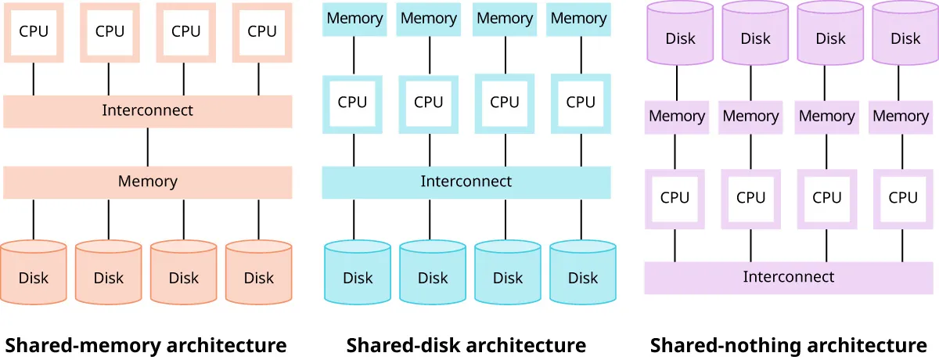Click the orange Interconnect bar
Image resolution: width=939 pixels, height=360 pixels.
tap(147, 111)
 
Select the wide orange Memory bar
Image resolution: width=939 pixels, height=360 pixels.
tap(147, 182)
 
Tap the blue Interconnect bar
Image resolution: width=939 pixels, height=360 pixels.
tap(466, 182)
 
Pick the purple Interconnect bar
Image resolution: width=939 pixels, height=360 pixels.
tap(789, 277)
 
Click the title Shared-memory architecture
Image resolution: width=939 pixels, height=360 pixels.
tap(146, 345)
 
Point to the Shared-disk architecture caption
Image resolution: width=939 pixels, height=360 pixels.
tap(466, 345)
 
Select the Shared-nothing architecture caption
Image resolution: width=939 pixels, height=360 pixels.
tap(789, 345)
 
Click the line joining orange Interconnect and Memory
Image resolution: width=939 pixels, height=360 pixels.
tap(148, 146)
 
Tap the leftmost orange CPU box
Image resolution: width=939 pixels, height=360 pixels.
tap(34, 32)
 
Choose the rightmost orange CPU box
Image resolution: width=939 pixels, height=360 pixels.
tap(262, 32)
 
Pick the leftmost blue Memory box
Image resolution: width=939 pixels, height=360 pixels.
tap(354, 19)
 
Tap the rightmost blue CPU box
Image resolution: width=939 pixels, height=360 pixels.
tap(581, 103)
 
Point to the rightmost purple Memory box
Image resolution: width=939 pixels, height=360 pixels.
tap(900, 117)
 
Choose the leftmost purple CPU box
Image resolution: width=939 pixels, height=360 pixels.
tap(675, 198)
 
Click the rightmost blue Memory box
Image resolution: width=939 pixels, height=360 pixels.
tap(579, 19)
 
